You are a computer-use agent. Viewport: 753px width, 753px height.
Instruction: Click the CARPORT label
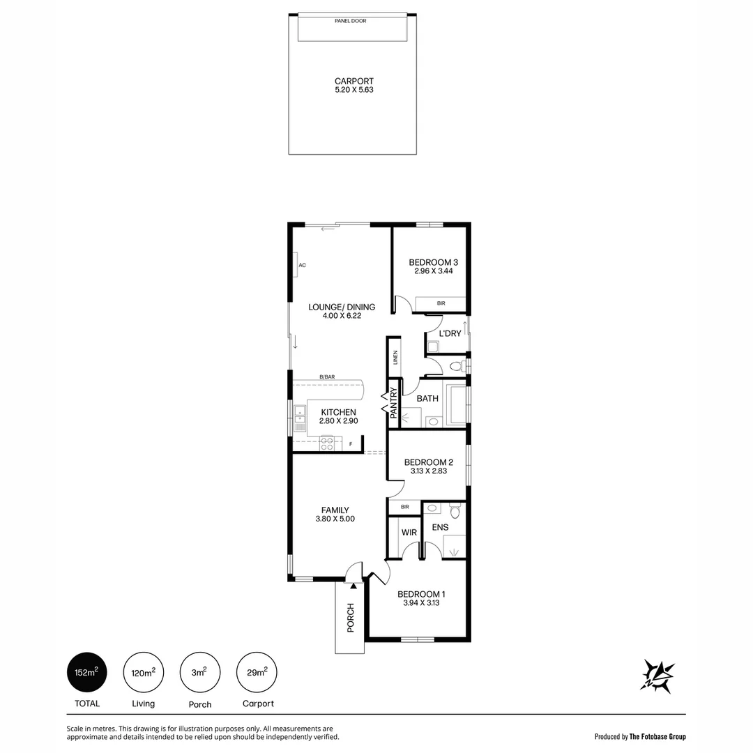(354, 81)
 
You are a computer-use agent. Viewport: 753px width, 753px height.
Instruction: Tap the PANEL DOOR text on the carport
(351, 21)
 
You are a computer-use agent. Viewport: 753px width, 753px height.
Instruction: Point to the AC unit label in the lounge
(302, 266)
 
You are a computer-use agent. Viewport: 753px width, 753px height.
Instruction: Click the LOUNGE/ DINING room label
(342, 307)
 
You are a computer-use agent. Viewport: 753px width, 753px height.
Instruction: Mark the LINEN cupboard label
(395, 358)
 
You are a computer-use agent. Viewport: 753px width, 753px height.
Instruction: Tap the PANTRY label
(393, 402)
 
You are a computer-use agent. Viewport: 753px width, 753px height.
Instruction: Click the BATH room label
(427, 399)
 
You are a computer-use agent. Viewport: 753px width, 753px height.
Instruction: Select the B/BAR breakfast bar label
(327, 377)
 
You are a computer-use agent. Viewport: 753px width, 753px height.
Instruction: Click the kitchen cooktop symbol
(327, 443)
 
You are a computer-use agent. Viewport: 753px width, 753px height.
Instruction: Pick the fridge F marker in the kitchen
(351, 444)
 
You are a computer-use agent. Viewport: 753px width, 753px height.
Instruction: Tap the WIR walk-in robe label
(409, 532)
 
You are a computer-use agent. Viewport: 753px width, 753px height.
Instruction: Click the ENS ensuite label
(440, 527)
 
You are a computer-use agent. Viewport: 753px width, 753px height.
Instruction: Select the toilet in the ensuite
(455, 512)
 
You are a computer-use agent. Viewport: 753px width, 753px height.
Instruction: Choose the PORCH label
(351, 618)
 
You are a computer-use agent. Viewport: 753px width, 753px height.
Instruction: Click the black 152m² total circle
(87, 673)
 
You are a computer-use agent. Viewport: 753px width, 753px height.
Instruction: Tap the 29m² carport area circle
(257, 673)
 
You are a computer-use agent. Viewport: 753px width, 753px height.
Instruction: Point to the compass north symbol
(658, 675)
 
